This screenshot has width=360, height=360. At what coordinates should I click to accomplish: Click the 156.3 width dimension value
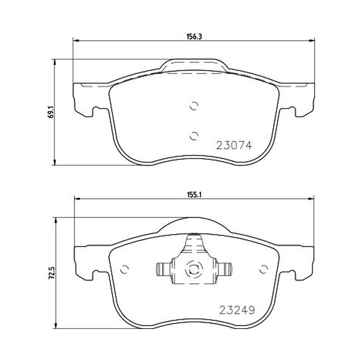click(194, 36)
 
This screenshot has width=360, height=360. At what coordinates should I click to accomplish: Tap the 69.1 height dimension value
click(51, 112)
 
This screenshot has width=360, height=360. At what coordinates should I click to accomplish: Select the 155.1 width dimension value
click(194, 195)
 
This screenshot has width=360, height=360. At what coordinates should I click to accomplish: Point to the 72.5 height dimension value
click(52, 273)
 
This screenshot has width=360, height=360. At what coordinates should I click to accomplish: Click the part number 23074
click(234, 145)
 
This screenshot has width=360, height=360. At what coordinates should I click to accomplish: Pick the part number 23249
click(237, 310)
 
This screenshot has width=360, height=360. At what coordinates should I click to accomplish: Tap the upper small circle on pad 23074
click(194, 106)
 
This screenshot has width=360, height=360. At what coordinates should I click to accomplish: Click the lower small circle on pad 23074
click(194, 136)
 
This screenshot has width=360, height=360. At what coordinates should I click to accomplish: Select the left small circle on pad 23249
click(125, 269)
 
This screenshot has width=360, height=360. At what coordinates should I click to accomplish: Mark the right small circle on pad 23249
click(264, 269)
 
